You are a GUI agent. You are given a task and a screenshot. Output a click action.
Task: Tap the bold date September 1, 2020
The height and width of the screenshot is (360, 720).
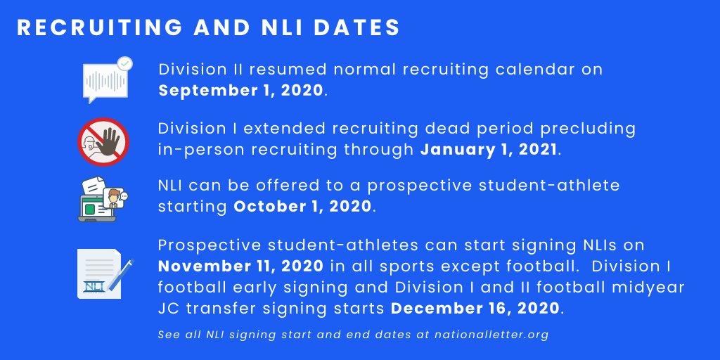coord(241,91)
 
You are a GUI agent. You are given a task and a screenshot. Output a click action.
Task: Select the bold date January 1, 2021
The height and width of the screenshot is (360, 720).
coord(489,149)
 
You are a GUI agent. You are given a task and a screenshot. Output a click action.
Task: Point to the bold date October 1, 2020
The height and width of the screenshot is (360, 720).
coord(302,207)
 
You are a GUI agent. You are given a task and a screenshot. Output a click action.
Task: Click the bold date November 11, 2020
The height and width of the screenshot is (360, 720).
coord(240,266)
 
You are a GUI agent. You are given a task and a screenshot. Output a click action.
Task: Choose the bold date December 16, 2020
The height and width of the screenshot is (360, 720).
coord(475,308)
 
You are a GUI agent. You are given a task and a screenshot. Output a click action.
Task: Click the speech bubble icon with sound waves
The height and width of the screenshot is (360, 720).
coord(105,82)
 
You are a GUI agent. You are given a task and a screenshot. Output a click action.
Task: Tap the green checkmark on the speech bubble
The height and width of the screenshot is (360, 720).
coord(124,65)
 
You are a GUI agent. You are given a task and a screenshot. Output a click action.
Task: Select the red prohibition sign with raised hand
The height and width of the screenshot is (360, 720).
coord(103,140)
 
